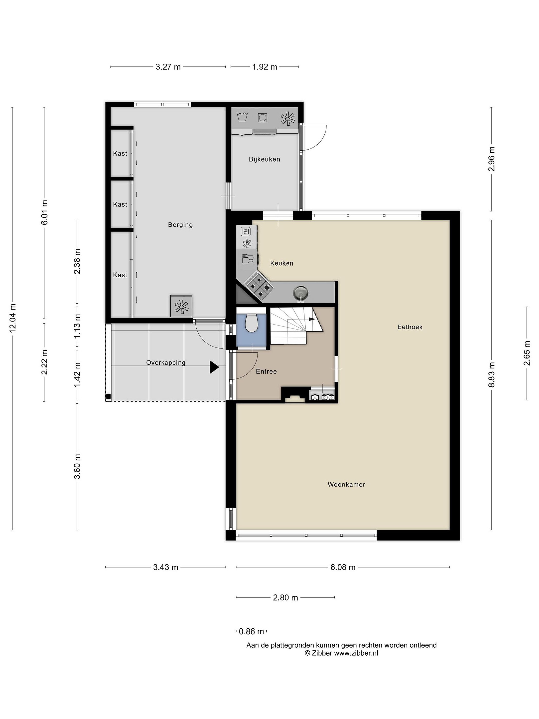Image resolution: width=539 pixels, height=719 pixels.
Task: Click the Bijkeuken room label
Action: point(264,159)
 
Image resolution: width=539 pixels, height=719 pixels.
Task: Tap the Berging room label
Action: point(180,225)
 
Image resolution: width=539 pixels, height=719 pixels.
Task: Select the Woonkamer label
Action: point(346,484)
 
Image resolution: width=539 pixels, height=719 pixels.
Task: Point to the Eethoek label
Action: point(410,327)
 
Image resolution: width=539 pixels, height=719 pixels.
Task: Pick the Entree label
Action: point(267,371)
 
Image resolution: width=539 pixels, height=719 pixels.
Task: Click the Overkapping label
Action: point(166,363)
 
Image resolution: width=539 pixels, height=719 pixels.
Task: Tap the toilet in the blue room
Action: point(251,322)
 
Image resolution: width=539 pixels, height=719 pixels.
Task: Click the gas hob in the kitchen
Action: point(259,286)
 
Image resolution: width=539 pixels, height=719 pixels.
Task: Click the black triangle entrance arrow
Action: point(214,367)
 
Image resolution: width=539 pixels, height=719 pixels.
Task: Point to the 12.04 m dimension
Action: point(13,319)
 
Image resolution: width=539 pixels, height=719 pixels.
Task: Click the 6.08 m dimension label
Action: point(343,567)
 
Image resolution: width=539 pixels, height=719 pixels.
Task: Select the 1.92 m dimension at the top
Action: point(265,67)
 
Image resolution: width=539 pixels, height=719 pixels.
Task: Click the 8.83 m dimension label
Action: point(492,375)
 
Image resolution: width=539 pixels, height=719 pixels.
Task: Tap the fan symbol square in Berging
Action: point(181,306)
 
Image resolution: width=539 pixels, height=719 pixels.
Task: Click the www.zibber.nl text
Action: point(356,653)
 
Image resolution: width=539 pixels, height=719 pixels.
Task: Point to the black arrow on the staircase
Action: point(312,319)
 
